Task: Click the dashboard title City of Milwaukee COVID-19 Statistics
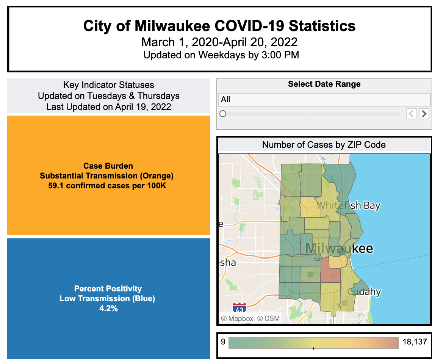click(x=219, y=26)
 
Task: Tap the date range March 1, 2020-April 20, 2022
click(x=219, y=42)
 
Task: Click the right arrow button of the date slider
click(x=424, y=113)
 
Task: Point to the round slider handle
click(x=223, y=114)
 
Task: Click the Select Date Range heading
click(x=324, y=84)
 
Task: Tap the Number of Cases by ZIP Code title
click(x=324, y=145)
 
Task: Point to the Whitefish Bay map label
click(x=348, y=206)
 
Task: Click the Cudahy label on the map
click(x=365, y=292)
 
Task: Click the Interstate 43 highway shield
click(x=239, y=308)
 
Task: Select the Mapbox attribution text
click(x=237, y=319)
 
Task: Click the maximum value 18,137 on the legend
click(x=415, y=342)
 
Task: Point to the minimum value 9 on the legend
click(x=223, y=342)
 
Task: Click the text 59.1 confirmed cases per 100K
click(x=107, y=186)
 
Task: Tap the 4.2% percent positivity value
click(x=108, y=309)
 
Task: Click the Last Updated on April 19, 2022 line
click(x=109, y=107)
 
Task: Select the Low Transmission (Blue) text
click(x=107, y=299)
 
